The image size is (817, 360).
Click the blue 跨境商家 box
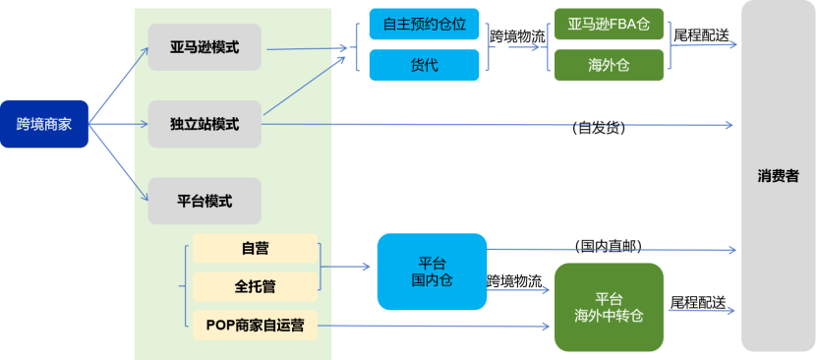(44, 125)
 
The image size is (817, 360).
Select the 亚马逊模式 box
(204, 47)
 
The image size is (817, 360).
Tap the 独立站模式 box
(204, 124)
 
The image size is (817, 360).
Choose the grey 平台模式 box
(204, 201)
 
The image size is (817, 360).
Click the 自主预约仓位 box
(424, 24)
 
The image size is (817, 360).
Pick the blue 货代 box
(424, 65)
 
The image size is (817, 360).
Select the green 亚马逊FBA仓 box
(609, 24)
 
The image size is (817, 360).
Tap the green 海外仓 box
(609, 65)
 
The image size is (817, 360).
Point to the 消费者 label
(778, 177)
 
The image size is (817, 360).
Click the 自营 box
(255, 249)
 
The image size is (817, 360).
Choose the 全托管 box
(255, 287)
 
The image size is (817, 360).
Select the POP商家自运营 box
(255, 325)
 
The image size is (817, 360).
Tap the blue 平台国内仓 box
(432, 271)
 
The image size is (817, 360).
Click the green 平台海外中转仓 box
(609, 307)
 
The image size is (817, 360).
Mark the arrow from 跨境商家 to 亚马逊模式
(118, 85)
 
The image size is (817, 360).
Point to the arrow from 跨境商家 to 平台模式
(118, 161)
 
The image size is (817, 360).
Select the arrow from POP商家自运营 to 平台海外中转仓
(433, 326)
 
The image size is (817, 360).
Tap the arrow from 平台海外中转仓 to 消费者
(698, 312)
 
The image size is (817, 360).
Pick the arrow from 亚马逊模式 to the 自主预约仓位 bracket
(305, 47)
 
